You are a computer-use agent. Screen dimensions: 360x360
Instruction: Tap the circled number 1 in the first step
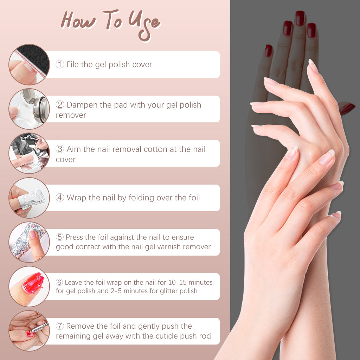60,65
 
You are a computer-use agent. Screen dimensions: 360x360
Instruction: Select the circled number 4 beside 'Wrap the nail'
60,198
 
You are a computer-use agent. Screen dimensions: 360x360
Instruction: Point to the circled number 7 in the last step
60,327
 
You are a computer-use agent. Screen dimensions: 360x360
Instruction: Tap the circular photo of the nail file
29,65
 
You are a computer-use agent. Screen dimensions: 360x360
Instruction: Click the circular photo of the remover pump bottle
29,109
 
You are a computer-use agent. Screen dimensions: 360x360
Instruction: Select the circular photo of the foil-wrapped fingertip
29,198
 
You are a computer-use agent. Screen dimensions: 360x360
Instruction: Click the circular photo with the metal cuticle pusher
29,331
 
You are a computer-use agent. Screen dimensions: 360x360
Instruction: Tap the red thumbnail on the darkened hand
347,109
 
